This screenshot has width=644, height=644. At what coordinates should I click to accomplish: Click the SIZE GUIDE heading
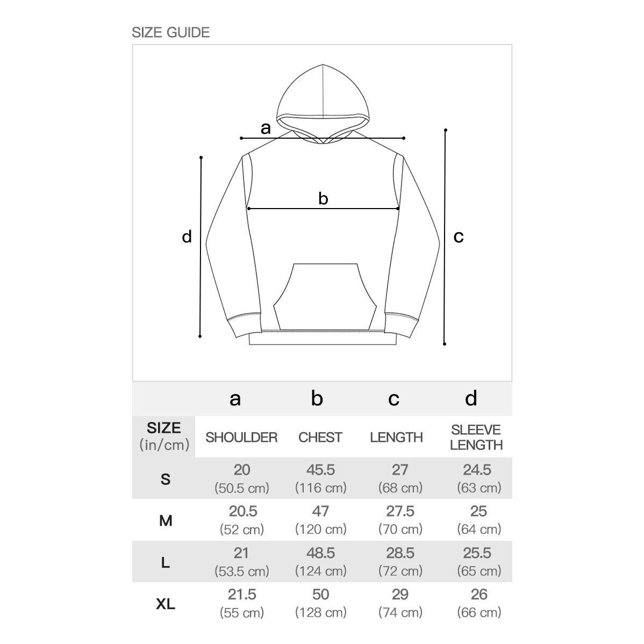[170, 32]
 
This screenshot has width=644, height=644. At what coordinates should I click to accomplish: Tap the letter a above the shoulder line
[266, 128]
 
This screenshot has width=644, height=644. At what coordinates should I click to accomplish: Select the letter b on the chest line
[323, 199]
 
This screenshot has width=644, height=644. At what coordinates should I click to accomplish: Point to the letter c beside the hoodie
[458, 237]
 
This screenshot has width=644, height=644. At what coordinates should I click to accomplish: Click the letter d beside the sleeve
[187, 237]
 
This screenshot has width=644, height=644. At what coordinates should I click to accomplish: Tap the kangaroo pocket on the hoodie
[323, 296]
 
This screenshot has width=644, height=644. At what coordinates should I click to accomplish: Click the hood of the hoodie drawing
[323, 94]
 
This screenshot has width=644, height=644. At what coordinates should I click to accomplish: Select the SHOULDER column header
[241, 437]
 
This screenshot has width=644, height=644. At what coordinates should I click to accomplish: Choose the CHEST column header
[320, 437]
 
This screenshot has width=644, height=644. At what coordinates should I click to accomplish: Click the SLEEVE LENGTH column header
[476, 437]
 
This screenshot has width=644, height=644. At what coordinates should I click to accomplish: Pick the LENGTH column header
[396, 437]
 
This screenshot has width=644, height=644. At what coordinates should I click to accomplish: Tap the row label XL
[166, 604]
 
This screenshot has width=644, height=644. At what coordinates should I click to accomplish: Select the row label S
[166, 479]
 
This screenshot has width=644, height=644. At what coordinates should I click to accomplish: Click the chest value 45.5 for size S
[320, 470]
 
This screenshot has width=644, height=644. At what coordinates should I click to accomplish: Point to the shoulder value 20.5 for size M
[242, 512]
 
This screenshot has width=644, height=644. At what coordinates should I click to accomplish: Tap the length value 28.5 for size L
[400, 553]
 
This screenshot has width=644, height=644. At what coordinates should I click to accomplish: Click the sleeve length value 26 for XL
[478, 595]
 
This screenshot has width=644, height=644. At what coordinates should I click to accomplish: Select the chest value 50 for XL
[320, 595]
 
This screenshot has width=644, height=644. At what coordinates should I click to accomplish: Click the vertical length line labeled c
[445, 237]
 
